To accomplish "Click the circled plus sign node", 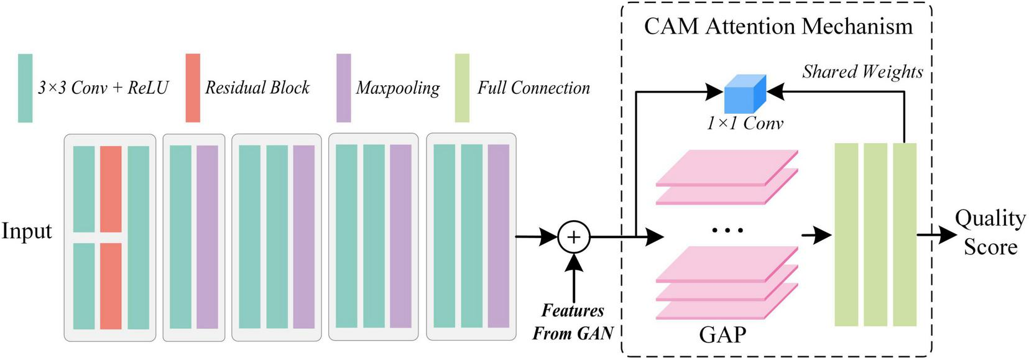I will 573,237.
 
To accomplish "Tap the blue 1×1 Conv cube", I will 745,94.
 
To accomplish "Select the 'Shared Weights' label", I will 862,72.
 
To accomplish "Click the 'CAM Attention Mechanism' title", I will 778,26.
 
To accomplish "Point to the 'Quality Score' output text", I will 990,232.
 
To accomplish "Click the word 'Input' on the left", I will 27,231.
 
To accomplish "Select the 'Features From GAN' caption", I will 573,322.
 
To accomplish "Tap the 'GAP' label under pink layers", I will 722,335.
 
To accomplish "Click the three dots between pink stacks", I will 727,231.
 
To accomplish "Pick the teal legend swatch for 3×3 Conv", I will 25,88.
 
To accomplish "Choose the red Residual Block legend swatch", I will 193,88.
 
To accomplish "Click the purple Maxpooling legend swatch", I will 343,88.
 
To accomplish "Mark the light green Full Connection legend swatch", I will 462,88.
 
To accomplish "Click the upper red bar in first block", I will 111,188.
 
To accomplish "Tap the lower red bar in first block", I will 111,285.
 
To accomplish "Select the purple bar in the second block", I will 207,236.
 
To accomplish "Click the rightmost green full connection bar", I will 904,234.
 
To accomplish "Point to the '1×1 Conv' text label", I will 744,123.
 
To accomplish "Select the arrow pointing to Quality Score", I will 938,234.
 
